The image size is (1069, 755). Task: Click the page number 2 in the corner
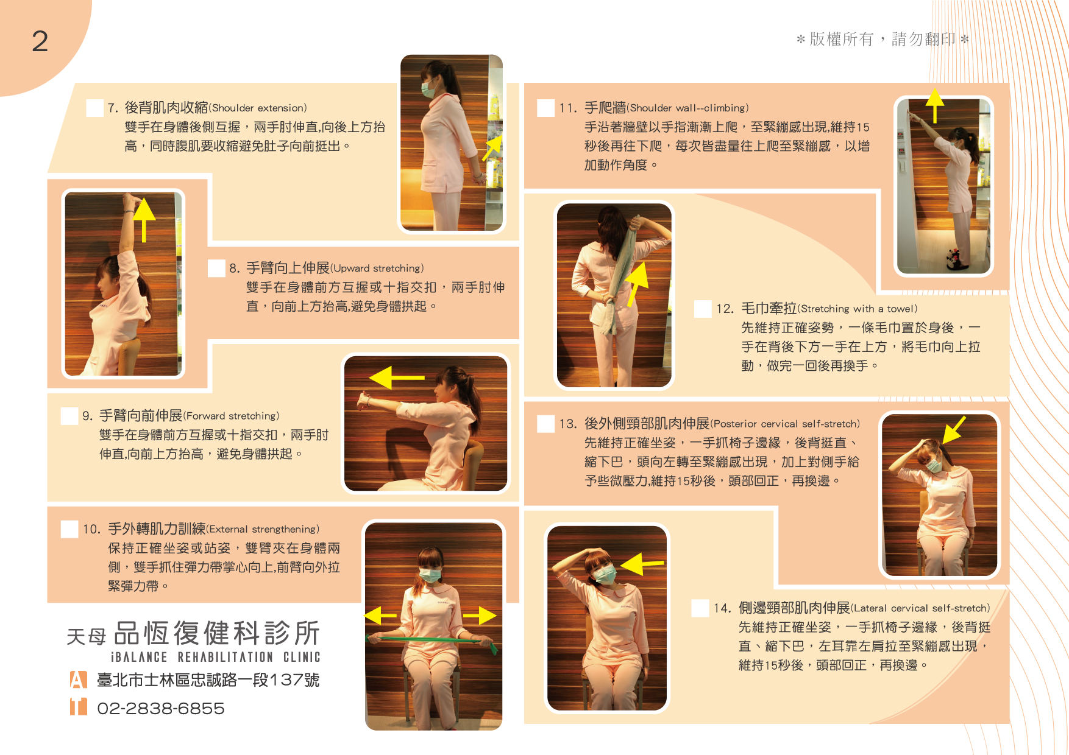coord(40,41)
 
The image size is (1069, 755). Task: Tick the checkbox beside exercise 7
coord(94,108)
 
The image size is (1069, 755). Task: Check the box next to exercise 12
coord(703,309)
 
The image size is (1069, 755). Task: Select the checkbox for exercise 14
coord(700,608)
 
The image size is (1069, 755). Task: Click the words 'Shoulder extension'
coord(258,108)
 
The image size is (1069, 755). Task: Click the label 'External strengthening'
coord(263,529)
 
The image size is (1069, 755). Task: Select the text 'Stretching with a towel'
coord(858,309)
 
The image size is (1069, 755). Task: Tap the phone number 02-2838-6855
coord(161,708)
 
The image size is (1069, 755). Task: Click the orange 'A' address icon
coord(78,679)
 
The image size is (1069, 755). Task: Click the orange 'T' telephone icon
coord(78,706)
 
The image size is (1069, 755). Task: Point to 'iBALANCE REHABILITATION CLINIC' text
coord(215,657)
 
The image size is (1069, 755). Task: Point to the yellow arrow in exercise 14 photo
coord(642,564)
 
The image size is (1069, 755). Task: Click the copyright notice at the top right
coord(882,40)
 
